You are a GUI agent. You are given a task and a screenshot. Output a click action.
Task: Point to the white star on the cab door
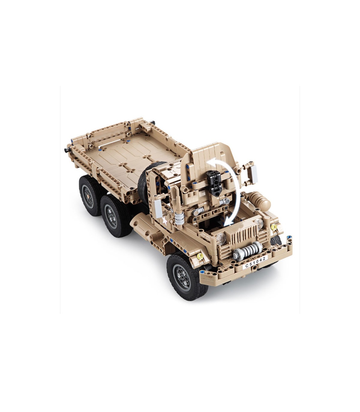(x=165, y=222)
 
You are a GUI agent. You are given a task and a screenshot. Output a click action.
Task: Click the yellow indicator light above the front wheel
(x=200, y=256)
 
